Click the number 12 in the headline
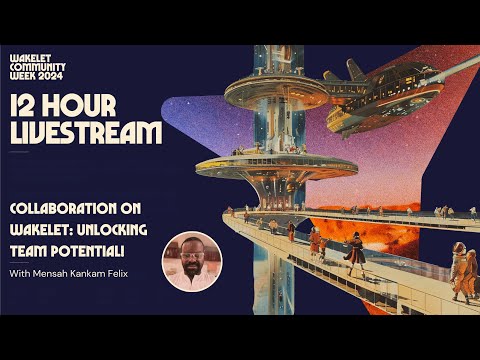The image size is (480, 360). pos(31,105)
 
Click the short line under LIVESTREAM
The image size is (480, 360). pos(19,152)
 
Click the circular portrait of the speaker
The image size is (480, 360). pos(192,261)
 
